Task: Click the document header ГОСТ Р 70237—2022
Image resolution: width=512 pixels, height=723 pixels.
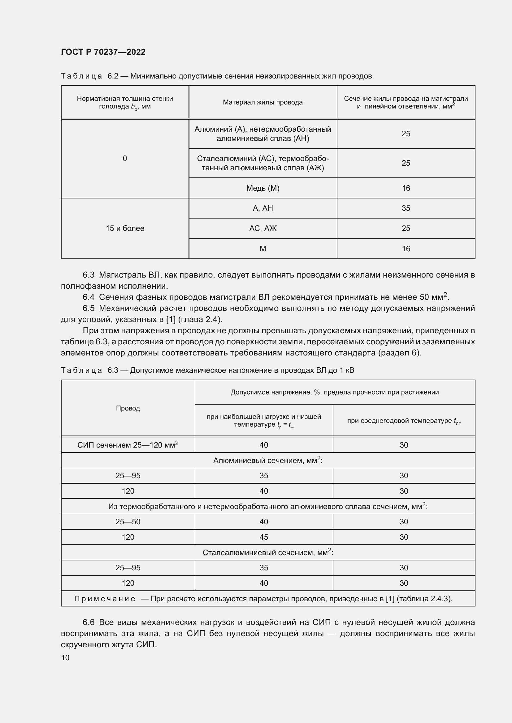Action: click(103, 52)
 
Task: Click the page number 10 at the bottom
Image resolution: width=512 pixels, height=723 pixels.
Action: click(65, 657)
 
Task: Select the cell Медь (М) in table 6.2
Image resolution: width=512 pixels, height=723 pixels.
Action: click(263, 188)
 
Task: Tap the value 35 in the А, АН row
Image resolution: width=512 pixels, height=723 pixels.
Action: click(406, 208)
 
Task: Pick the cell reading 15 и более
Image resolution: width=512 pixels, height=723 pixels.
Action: click(125, 228)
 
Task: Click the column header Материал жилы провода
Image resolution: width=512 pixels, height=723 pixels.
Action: click(263, 102)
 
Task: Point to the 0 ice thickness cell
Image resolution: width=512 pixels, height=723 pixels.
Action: click(125, 158)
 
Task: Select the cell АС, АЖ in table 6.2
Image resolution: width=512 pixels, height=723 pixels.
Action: click(263, 228)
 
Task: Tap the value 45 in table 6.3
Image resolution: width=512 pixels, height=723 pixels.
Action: click(263, 537)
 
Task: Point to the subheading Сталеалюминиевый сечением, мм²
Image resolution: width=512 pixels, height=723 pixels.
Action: click(268, 552)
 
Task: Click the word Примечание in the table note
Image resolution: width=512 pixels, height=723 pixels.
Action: click(105, 599)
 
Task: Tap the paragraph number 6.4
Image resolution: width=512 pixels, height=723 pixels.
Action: click(89, 297)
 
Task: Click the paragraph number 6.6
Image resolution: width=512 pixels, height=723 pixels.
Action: click(89, 622)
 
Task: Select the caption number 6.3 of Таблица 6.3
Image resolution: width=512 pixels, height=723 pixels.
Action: click(113, 370)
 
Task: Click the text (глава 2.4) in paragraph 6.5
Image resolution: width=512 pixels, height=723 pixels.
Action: click(200, 319)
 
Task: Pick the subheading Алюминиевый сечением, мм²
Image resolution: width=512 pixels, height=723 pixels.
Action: click(268, 460)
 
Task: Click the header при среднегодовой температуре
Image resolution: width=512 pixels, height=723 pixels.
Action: click(404, 421)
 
